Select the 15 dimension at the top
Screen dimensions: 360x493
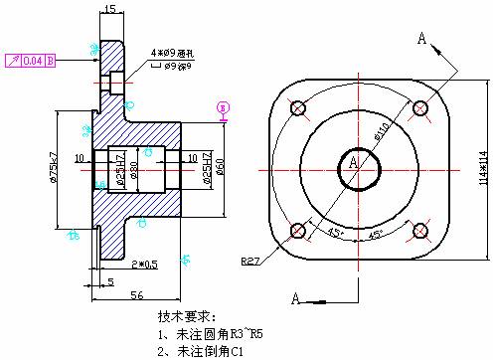tap(109, 9)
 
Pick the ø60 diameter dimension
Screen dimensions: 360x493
tap(220, 165)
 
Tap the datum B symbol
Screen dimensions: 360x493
tap(223, 106)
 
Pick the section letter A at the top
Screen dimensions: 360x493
tap(421, 39)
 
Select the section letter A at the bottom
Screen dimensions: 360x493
tap(295, 296)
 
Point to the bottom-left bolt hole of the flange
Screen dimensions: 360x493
tap(296, 231)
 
